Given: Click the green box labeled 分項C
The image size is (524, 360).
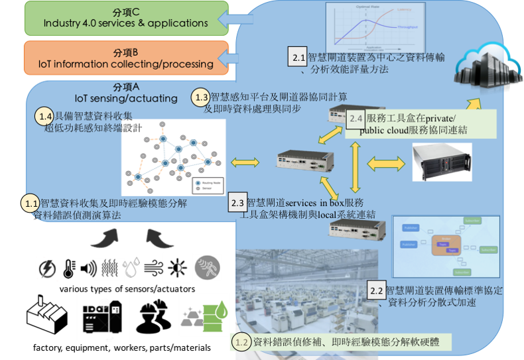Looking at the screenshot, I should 125,18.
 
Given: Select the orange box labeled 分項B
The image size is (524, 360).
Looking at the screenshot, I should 125,58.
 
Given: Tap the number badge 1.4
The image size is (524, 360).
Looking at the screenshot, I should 44,116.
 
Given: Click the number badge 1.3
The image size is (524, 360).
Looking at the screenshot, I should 201,97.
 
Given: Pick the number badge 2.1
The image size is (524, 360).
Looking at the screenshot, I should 298,58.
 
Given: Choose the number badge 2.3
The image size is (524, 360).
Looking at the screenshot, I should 237,201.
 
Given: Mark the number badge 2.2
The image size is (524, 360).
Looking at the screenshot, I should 376,290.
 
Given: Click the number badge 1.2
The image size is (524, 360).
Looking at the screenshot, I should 242,342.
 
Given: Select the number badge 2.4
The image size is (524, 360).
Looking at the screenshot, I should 356,119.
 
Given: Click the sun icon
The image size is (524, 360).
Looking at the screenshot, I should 177,267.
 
